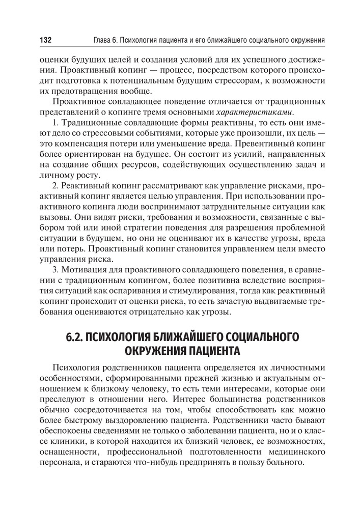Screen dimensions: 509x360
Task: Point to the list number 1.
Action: click(56, 123)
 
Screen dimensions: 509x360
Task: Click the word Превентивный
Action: click(264, 145)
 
